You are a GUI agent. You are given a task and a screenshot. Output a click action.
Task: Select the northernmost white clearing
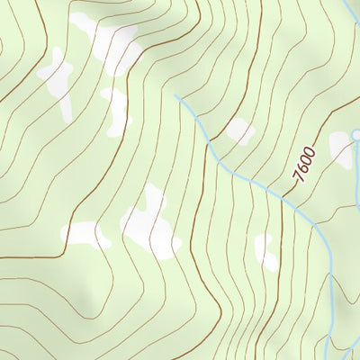(108, 40)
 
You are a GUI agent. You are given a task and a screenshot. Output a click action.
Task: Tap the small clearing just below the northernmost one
(116, 110)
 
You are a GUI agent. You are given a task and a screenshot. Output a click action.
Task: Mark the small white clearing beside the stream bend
(239, 130)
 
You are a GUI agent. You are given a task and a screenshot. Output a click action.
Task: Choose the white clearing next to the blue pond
(343, 148)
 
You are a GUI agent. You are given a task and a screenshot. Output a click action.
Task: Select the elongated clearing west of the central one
(86, 235)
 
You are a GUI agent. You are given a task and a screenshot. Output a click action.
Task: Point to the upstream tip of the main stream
(176, 95)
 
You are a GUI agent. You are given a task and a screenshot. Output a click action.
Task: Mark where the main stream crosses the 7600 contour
(286, 200)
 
